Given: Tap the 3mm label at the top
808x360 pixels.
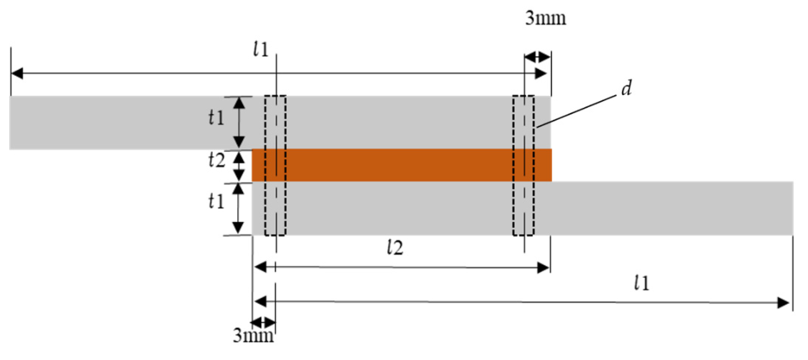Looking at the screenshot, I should tap(545, 18).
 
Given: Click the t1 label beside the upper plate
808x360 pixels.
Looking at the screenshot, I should tap(216, 118).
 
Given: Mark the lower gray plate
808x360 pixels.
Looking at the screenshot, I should tap(659, 208).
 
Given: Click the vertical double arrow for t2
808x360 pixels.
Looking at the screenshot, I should tap(240, 167).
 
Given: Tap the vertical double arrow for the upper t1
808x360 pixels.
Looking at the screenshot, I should tap(240, 122).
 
